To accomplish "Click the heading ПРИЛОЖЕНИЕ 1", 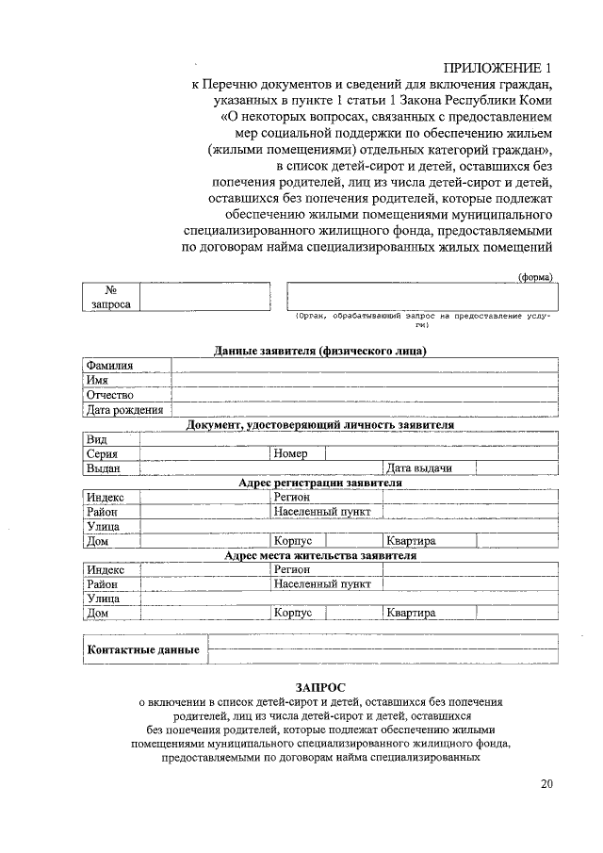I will (x=497, y=68).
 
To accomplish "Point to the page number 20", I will (x=547, y=784).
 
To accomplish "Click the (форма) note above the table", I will (x=536, y=276).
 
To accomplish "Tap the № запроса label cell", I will (x=111, y=297).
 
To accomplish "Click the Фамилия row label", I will (x=109, y=366).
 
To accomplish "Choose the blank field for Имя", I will (x=364, y=380).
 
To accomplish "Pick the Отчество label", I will (x=110, y=395).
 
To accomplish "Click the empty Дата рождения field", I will (x=364, y=410).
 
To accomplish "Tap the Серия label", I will (x=102, y=453).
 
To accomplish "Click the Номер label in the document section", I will (x=291, y=453).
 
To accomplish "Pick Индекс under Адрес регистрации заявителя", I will (x=106, y=497).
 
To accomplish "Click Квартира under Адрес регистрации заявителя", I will (x=411, y=541).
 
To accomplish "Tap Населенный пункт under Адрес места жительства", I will (x=322, y=583).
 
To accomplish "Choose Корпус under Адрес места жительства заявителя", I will (x=292, y=613).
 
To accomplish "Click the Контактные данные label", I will (x=143, y=650).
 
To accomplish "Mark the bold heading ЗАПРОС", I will (x=320, y=689).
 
